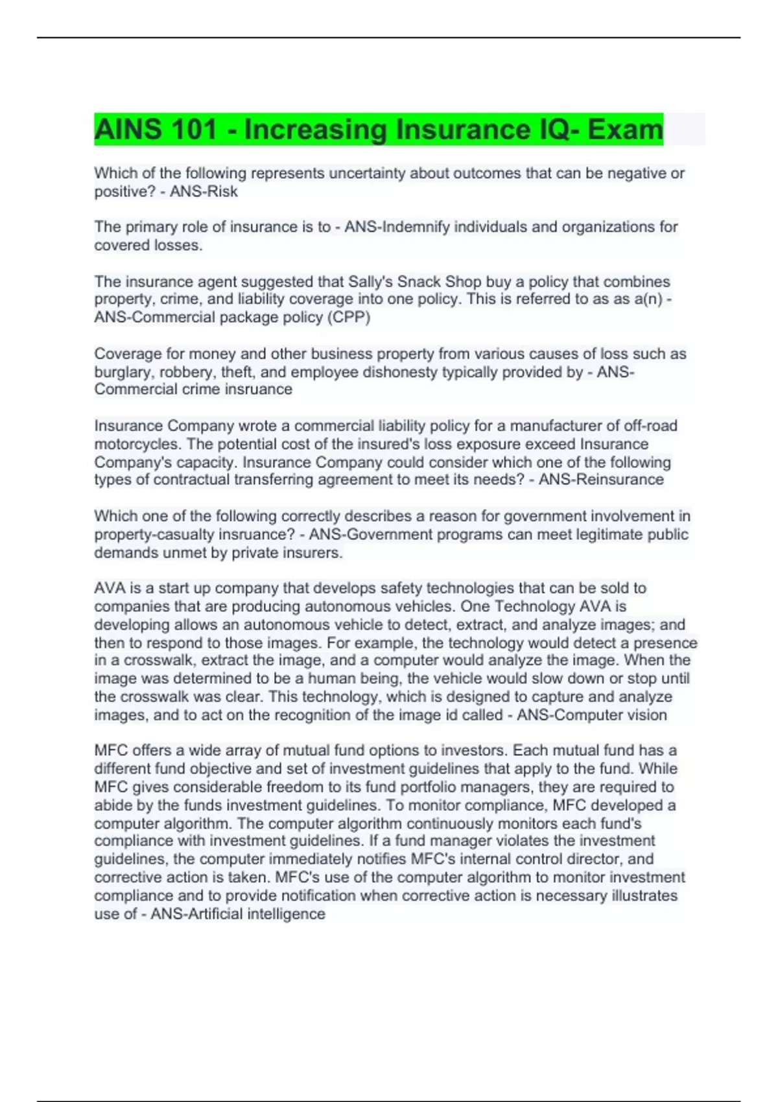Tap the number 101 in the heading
point(193,130)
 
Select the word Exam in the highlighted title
point(625,130)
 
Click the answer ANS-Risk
point(204,192)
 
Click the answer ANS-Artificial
point(197,914)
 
